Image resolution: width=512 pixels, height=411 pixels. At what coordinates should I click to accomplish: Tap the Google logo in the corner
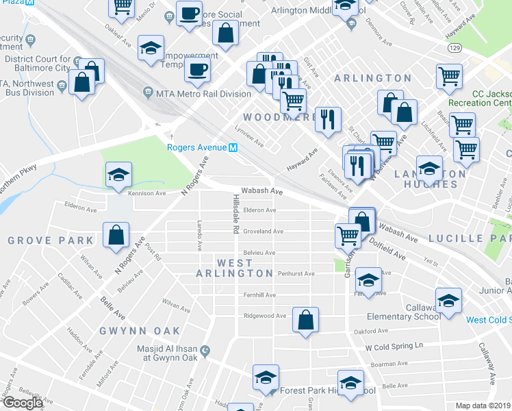(x=22, y=403)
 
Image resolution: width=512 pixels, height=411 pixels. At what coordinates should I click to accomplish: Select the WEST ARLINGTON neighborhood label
(x=235, y=268)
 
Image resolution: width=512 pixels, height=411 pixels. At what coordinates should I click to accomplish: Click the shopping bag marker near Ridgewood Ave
(x=305, y=319)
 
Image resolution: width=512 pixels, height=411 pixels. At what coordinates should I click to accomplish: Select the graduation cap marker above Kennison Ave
(x=119, y=175)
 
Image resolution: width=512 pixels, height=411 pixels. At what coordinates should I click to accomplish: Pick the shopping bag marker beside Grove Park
(x=116, y=234)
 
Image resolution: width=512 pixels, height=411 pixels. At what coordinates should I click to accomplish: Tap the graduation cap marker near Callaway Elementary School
(x=448, y=301)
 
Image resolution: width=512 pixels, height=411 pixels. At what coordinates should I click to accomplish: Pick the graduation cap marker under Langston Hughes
(x=429, y=168)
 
